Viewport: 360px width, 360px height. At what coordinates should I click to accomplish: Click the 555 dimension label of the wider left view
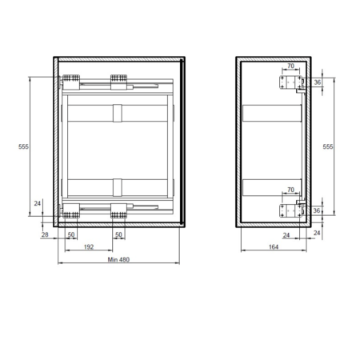click(23, 146)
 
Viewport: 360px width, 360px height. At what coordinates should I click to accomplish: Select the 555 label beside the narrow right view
click(328, 146)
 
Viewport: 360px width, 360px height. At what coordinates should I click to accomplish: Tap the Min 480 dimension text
click(118, 259)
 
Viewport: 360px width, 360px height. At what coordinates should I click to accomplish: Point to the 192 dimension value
click(89, 247)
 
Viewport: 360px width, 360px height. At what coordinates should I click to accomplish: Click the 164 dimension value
click(274, 247)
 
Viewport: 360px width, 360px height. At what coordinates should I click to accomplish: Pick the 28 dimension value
click(45, 234)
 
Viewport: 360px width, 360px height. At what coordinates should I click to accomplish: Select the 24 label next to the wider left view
click(38, 203)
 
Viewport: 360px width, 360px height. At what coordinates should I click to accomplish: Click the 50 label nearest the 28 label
click(71, 234)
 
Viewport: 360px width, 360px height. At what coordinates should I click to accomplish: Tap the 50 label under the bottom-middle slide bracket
click(118, 234)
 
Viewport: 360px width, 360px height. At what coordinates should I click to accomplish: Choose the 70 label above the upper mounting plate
click(290, 66)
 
